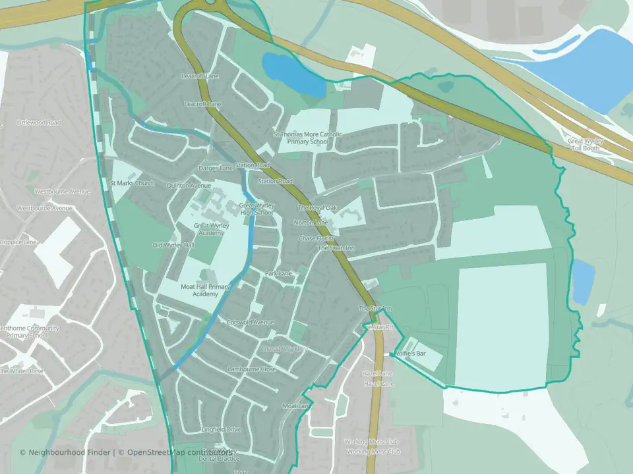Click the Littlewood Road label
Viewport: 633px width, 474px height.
click(x=40, y=123)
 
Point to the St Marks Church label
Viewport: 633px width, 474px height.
click(x=132, y=183)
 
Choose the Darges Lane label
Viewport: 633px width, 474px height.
click(x=216, y=169)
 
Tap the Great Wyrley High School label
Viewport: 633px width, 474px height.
click(x=256, y=209)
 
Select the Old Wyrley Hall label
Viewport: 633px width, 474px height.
click(x=173, y=245)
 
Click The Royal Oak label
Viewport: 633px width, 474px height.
click(x=317, y=208)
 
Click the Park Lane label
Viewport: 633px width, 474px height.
click(x=278, y=273)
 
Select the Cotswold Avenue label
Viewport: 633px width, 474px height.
click(x=250, y=323)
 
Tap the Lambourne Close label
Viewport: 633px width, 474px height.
click(x=251, y=369)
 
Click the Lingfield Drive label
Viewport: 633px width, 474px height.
click(x=221, y=429)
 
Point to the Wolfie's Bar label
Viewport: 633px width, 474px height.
click(x=410, y=354)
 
